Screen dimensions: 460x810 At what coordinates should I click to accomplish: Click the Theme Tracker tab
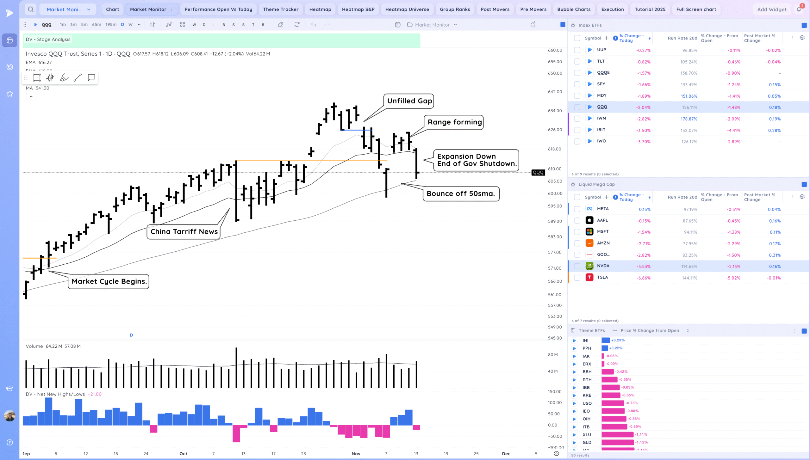click(281, 9)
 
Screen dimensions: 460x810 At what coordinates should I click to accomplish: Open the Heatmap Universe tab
click(407, 9)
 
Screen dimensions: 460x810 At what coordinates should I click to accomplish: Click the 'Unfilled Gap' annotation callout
click(409, 101)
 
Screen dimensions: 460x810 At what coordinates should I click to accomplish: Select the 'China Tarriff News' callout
click(184, 232)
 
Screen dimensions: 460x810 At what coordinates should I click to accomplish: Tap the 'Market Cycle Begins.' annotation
click(109, 281)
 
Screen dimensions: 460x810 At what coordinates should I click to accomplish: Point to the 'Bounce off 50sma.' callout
click(461, 194)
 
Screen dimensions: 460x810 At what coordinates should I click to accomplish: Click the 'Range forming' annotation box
click(454, 122)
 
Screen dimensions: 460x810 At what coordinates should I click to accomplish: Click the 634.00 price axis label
click(555, 111)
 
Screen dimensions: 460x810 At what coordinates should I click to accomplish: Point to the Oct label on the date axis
click(183, 454)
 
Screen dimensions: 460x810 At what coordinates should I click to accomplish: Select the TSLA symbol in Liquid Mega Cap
click(602, 278)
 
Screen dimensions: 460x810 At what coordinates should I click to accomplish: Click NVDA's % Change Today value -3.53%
click(644, 267)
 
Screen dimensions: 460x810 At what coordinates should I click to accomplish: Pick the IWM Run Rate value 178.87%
click(689, 119)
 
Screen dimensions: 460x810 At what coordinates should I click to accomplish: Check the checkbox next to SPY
click(577, 84)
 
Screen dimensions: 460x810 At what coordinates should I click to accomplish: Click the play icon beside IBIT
click(589, 130)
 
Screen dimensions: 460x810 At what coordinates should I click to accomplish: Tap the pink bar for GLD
click(617, 443)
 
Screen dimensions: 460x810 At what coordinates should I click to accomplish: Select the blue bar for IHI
click(606, 340)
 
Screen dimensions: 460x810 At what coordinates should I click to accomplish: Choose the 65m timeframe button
click(97, 25)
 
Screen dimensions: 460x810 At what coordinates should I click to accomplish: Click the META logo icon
click(589, 209)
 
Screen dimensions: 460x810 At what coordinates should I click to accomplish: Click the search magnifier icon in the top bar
click(31, 9)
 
